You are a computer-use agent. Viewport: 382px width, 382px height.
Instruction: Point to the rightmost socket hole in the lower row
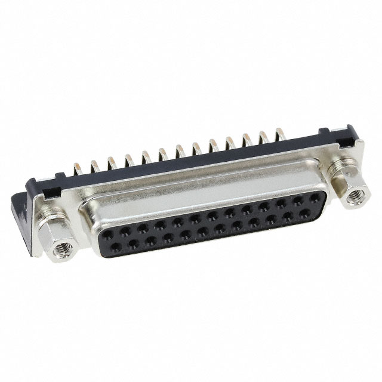tap(305, 212)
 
